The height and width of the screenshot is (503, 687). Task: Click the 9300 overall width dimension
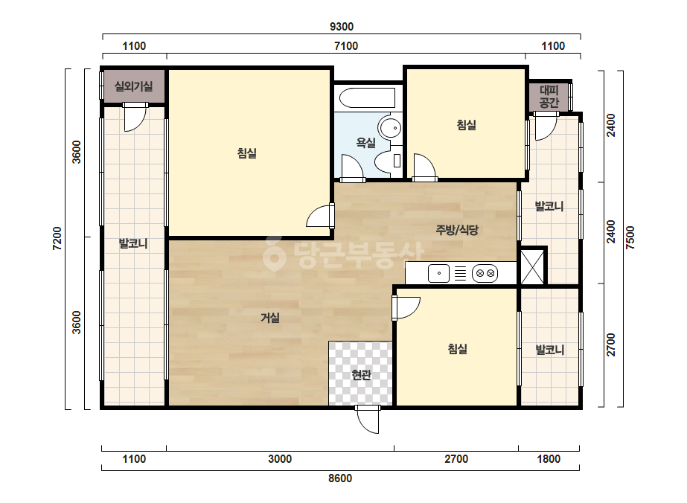(342, 27)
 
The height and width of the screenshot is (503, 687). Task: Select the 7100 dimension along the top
(346, 46)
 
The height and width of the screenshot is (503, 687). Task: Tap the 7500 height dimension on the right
(630, 237)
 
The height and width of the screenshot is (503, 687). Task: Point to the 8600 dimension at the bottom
(340, 478)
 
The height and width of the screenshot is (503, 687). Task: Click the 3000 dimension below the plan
(280, 459)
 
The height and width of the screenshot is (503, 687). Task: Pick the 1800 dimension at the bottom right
(549, 459)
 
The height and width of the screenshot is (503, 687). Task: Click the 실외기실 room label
(134, 86)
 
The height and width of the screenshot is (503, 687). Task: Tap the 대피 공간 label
(549, 97)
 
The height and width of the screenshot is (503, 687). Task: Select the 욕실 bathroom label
(365, 142)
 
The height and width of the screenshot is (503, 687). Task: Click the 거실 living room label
(270, 318)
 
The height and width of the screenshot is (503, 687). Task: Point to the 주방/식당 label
(456, 230)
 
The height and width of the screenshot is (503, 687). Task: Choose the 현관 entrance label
(361, 375)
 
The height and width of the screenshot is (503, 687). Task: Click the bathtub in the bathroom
(368, 98)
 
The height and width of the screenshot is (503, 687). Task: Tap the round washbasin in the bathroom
(390, 128)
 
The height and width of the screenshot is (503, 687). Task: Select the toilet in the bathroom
(389, 161)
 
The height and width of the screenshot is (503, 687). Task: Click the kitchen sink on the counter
(438, 274)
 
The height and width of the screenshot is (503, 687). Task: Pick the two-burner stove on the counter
(485, 274)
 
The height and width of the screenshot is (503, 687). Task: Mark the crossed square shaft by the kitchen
(533, 266)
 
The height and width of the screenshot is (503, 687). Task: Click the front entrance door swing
(368, 420)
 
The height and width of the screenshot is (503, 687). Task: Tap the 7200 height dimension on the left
(57, 239)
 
